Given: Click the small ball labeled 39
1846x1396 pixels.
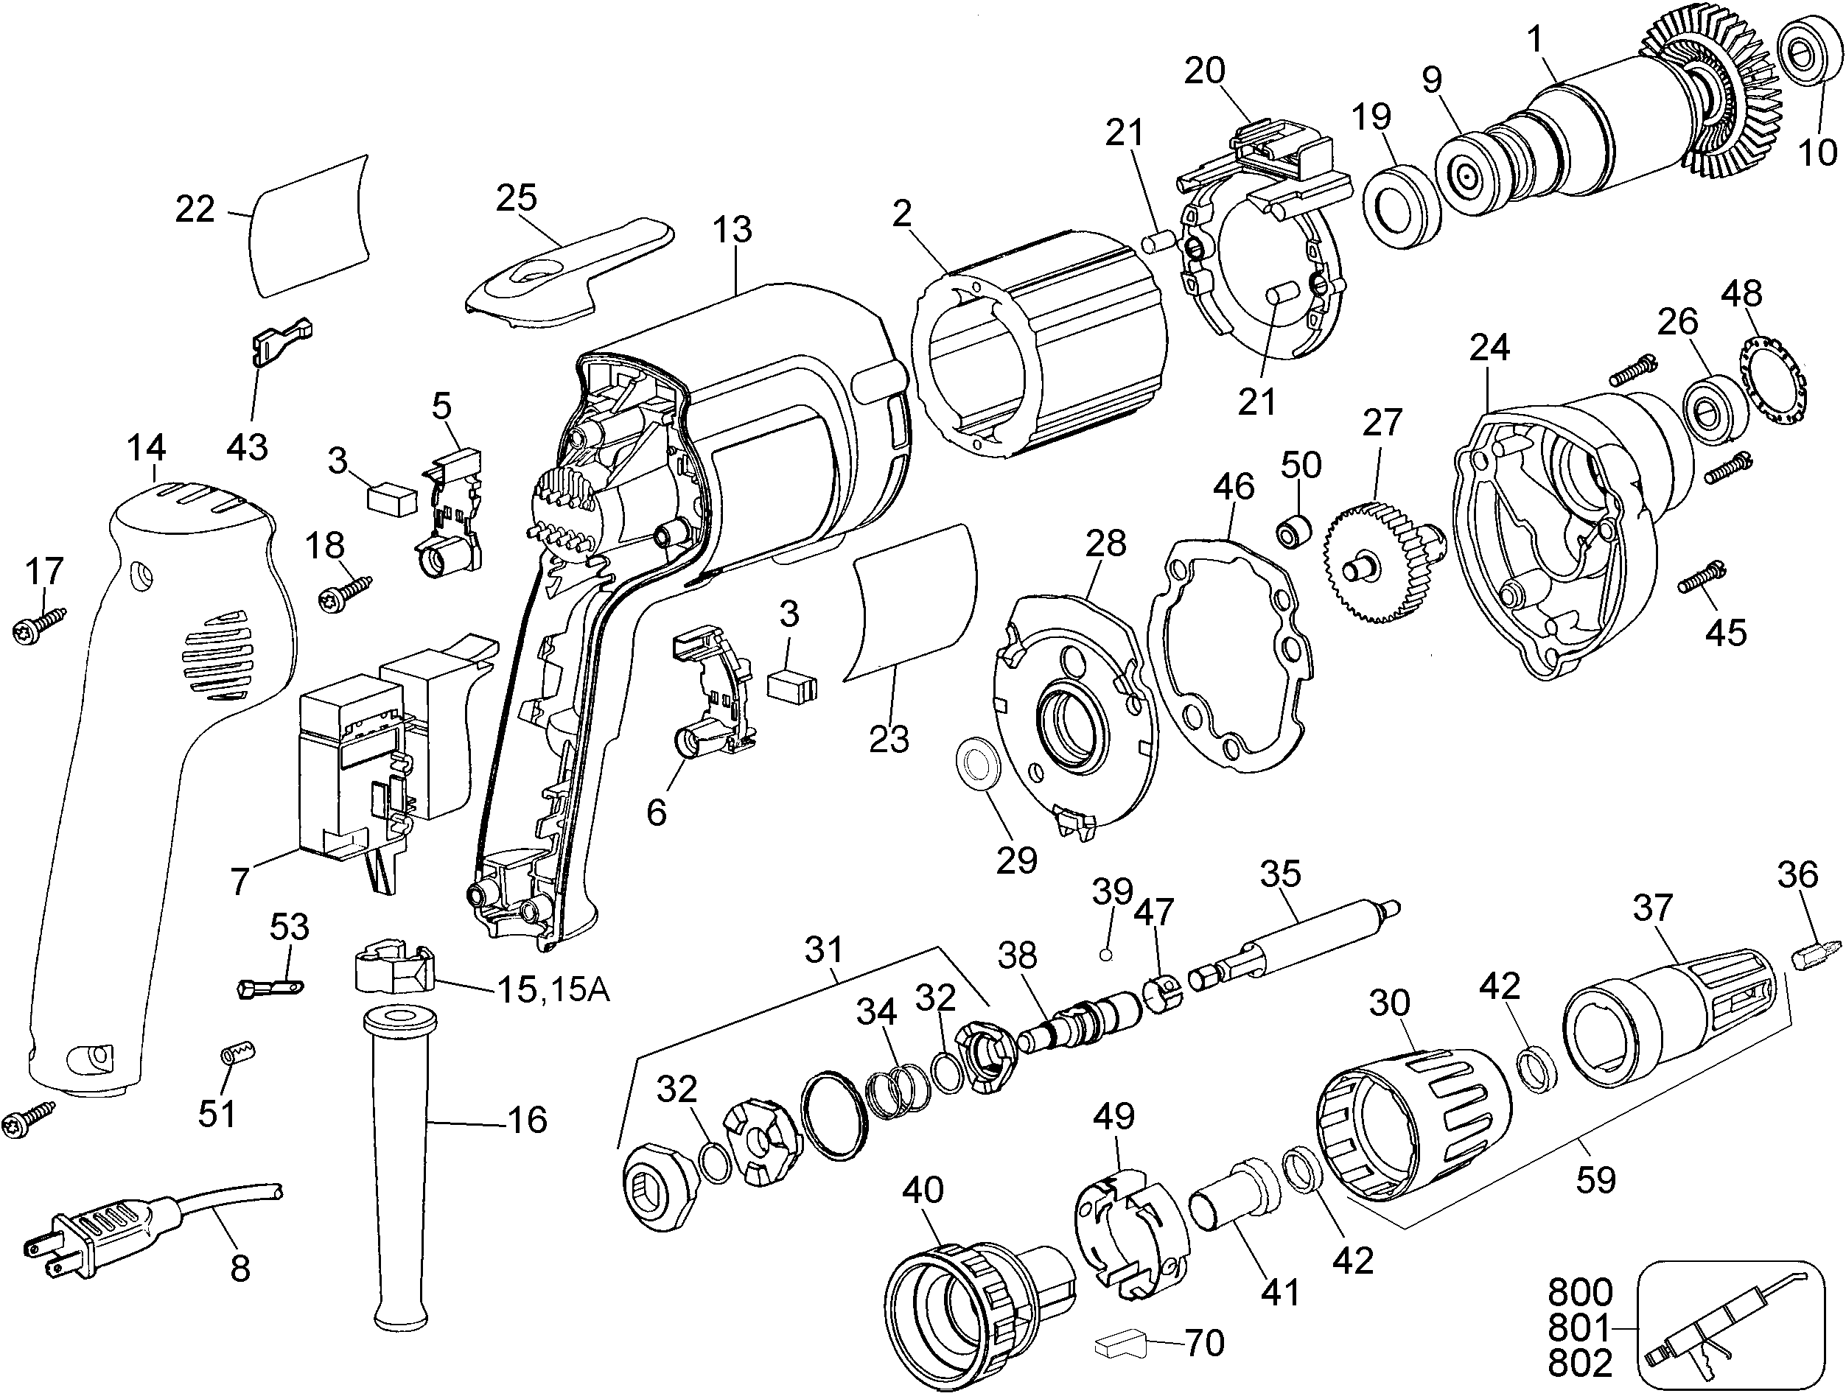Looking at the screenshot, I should (x=1106, y=955).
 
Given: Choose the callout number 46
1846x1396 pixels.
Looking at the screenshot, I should (x=1234, y=486).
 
